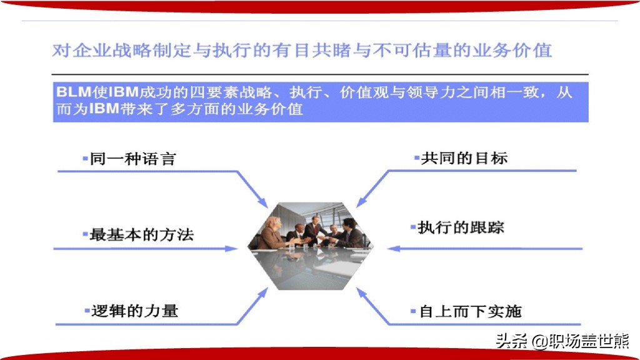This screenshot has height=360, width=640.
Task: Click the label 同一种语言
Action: (x=132, y=159)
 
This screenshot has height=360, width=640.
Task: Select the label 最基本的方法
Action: (x=141, y=235)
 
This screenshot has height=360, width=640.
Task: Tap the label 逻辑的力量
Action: (x=134, y=311)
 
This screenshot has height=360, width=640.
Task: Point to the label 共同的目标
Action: (x=464, y=158)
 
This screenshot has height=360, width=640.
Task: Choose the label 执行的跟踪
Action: (x=461, y=227)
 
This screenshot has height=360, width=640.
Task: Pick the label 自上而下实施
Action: (x=470, y=311)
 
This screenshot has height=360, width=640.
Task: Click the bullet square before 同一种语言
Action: (x=85, y=158)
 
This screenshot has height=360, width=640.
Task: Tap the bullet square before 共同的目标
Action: (x=417, y=157)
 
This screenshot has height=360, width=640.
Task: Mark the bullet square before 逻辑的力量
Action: (x=87, y=311)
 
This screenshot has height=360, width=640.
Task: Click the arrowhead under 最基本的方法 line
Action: (x=231, y=249)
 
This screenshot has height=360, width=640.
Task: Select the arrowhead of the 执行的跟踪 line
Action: (x=394, y=249)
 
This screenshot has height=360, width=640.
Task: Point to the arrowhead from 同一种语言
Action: (x=263, y=202)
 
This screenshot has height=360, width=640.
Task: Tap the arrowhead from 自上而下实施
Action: (x=361, y=293)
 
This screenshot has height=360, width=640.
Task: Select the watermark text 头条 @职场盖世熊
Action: (x=562, y=341)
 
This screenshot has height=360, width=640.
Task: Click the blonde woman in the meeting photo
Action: (x=271, y=233)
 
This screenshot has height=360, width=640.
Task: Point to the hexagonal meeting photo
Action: (x=311, y=246)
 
